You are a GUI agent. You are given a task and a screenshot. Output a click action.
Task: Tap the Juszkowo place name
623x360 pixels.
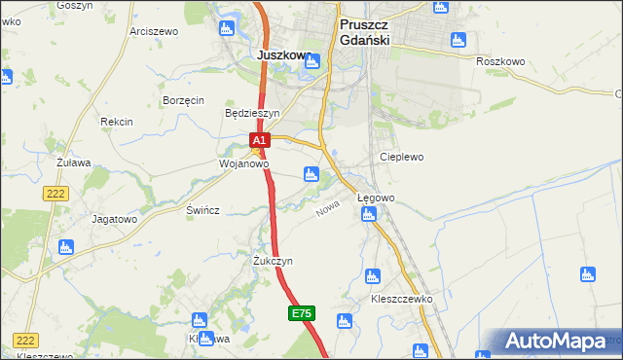(284, 55)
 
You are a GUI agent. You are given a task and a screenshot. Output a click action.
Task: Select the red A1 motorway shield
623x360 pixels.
(258, 142)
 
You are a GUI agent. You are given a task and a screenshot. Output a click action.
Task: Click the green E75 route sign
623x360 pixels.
(301, 313)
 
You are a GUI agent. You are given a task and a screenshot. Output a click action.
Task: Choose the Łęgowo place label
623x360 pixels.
(376, 198)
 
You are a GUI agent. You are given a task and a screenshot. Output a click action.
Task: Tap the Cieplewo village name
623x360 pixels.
(401, 156)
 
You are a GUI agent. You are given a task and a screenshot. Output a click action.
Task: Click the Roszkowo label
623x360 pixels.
(500, 61)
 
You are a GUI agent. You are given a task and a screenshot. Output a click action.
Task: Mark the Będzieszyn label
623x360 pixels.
(252, 113)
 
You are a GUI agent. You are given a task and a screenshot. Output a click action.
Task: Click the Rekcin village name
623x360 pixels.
(116, 122)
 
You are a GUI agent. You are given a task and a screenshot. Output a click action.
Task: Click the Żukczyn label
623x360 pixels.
(273, 262)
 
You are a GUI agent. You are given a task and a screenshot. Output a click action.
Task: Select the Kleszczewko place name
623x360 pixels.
(400, 300)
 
